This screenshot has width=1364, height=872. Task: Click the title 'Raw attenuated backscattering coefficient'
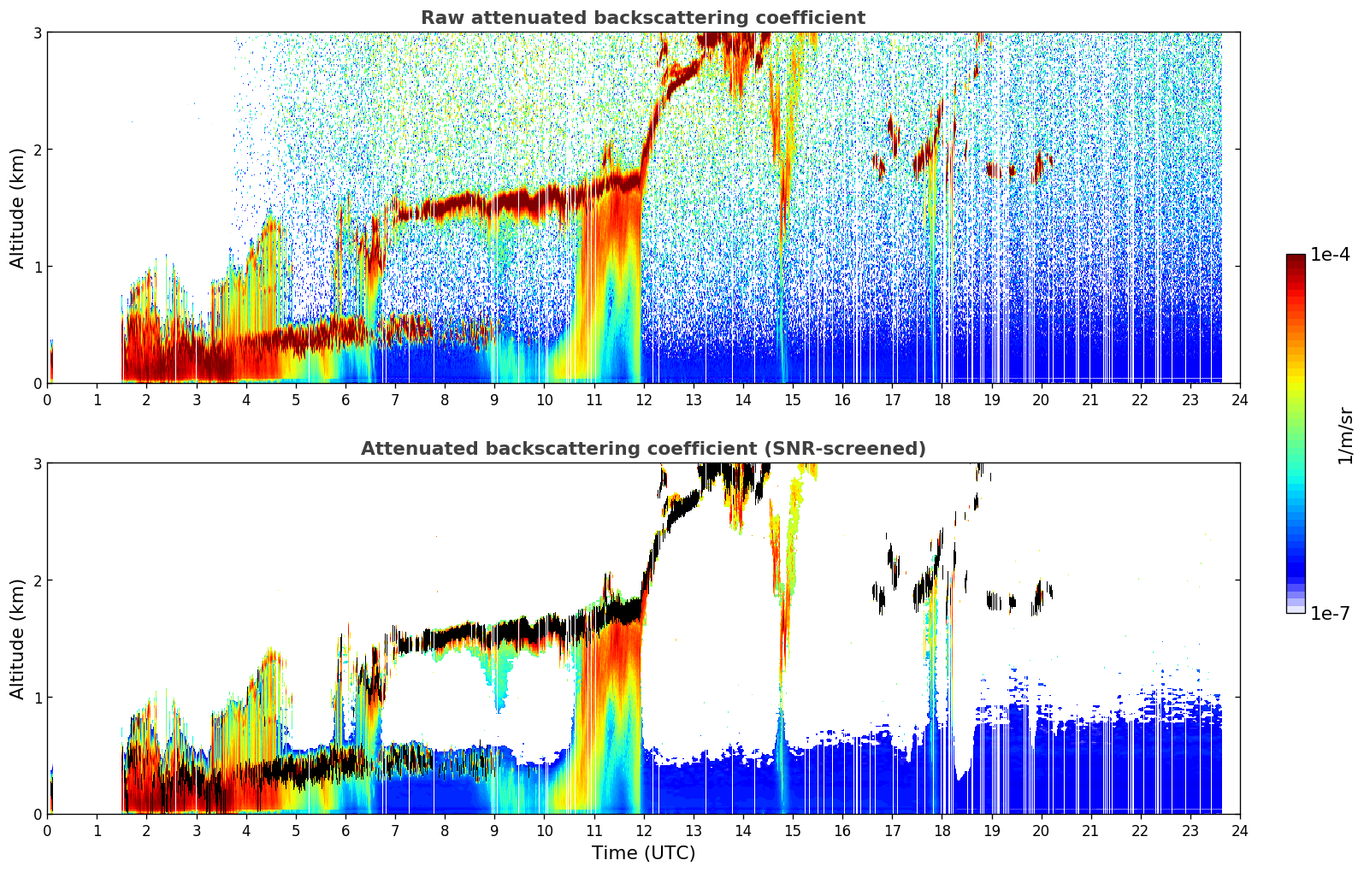[x=643, y=18]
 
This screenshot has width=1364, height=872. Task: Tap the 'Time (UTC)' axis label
[x=643, y=853]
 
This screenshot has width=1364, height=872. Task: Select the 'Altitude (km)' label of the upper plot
[x=16, y=209]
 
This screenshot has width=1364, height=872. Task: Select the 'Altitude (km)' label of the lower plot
[x=16, y=639]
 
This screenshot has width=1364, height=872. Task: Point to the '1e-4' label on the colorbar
[x=1331, y=255]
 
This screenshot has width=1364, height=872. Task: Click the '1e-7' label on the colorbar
[x=1331, y=613]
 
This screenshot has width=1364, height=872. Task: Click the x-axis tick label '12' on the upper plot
[x=644, y=400]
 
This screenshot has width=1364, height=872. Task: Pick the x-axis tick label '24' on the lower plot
[x=1240, y=831]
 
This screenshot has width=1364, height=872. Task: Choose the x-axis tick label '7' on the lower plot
[x=395, y=831]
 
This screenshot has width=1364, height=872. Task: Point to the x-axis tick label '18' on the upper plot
[x=942, y=400]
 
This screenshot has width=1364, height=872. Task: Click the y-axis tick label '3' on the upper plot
[x=37, y=32]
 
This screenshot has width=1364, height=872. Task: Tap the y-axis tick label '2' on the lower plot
[x=37, y=580]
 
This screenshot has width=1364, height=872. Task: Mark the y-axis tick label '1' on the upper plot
[x=37, y=267]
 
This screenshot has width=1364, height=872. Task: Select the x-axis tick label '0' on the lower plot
[x=48, y=831]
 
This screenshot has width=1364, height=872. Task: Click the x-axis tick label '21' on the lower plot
[x=1090, y=831]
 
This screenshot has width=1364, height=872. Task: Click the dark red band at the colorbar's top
[x=1296, y=259]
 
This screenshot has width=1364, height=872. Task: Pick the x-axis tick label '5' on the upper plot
[x=296, y=400]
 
